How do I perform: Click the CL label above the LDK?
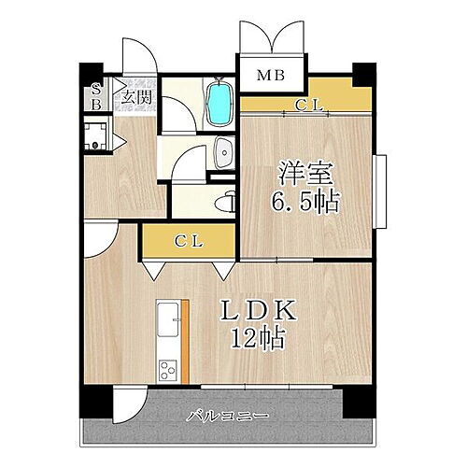[189, 240]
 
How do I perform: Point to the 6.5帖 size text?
[306, 201]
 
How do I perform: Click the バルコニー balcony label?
[226, 414]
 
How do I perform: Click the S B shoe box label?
[95, 97]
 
